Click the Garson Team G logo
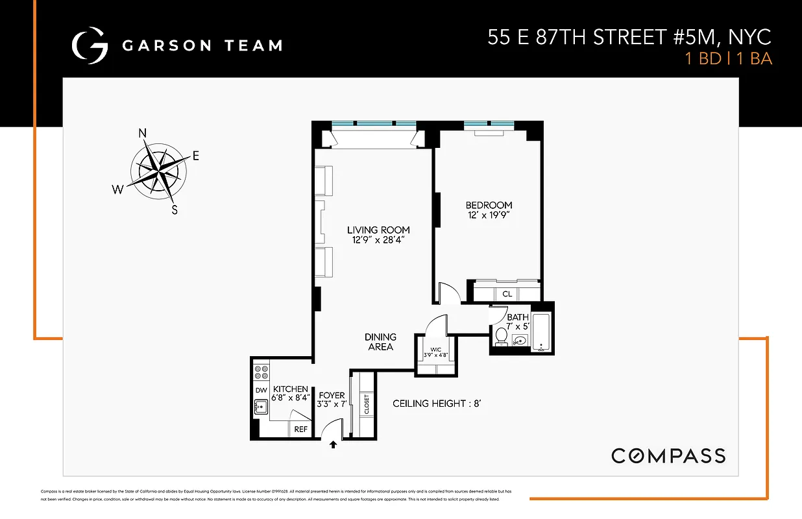tap(90, 45)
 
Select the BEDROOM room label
tap(489, 206)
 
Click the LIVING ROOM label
tap(378, 230)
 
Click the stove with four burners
tap(261, 372)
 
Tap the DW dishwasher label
tap(261, 390)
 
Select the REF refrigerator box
tap(301, 429)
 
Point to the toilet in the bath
tap(500, 337)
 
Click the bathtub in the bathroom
tap(541, 333)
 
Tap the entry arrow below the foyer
tap(334, 445)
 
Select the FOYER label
tap(332, 396)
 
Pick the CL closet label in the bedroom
tap(507, 295)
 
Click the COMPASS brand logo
tap(668, 455)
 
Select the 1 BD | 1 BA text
tap(728, 59)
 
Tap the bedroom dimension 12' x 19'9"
tap(489, 215)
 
